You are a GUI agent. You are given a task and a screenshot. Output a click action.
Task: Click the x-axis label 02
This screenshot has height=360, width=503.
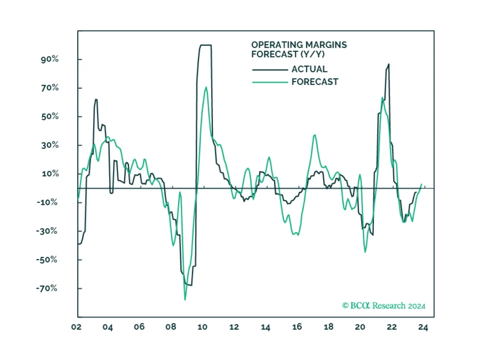[x=76, y=328]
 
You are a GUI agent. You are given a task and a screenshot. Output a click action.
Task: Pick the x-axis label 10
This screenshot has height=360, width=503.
[x=202, y=328]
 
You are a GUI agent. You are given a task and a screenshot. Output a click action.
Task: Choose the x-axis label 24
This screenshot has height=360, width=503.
[x=423, y=328]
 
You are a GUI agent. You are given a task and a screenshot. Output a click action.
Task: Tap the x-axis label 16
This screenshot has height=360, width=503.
[x=297, y=328]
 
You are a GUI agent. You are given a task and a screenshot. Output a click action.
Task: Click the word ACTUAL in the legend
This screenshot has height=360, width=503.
[x=309, y=69]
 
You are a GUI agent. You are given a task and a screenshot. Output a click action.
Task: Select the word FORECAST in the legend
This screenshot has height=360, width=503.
[x=315, y=82]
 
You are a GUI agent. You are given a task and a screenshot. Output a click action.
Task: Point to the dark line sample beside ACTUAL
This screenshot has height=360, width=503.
[x=269, y=70]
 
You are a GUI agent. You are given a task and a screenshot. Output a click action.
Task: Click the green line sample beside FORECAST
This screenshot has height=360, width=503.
[x=269, y=82]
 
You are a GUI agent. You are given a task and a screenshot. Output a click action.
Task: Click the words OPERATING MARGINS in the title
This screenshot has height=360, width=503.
[x=299, y=45]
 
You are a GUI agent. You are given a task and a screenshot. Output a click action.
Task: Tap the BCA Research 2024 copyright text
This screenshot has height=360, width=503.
[x=384, y=306]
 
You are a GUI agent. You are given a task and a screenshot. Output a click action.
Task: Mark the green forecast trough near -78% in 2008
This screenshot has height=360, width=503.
[x=185, y=300]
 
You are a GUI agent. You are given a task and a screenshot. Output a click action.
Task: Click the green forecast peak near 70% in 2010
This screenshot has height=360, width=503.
[x=206, y=87]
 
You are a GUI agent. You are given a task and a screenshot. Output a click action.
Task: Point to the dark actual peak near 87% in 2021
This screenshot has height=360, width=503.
[x=389, y=64]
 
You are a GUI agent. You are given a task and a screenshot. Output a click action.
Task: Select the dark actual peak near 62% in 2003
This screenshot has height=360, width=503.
[x=96, y=99]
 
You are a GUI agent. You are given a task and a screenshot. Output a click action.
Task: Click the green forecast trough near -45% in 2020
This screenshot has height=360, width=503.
[x=365, y=252]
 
